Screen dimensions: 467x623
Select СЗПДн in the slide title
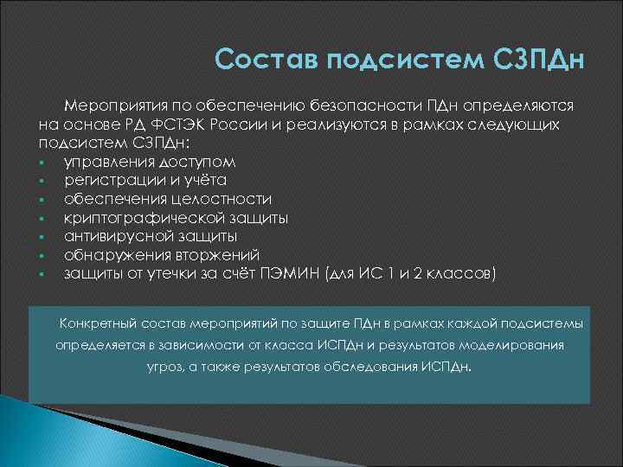pyautogui.click(x=538, y=61)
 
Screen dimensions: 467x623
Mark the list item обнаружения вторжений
pyautogui.click(x=161, y=255)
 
